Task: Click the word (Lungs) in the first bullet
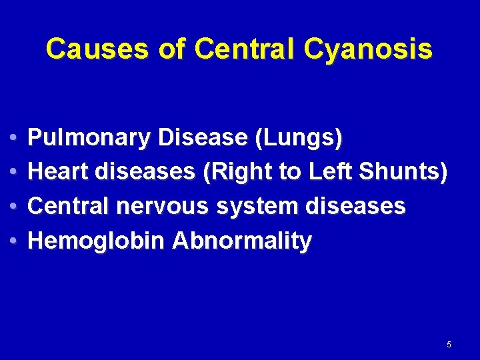pyautogui.click(x=299, y=138)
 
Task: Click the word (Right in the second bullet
pyautogui.click(x=237, y=173)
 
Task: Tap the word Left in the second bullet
pyautogui.click(x=331, y=172)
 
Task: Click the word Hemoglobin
pyautogui.click(x=96, y=241)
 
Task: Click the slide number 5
pyautogui.click(x=449, y=345)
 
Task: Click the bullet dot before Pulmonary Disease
pyautogui.click(x=15, y=139)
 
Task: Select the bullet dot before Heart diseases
pyautogui.click(x=15, y=173)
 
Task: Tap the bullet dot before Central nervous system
pyautogui.click(x=15, y=207)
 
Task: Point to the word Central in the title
pyautogui.click(x=241, y=49)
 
